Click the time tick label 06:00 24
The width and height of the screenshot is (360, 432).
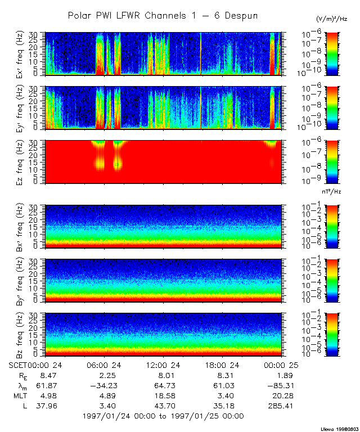(x=107, y=364)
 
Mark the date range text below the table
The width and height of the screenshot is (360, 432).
(x=163, y=416)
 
